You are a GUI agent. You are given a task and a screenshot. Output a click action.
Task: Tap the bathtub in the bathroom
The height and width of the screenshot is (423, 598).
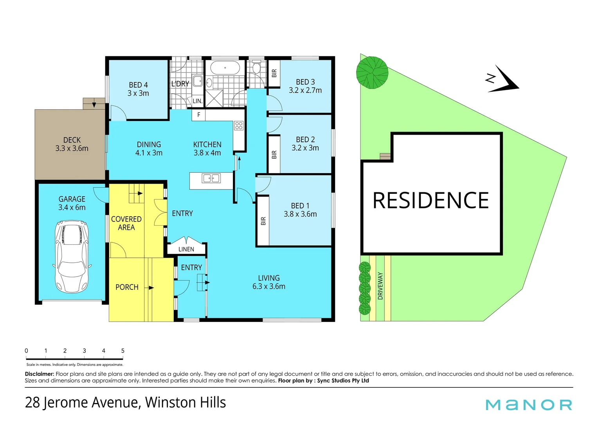point(225,68)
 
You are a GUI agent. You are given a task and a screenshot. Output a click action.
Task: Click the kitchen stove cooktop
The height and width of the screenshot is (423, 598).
point(239,126)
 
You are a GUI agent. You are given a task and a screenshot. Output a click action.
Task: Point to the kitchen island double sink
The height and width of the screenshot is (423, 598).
point(211,179)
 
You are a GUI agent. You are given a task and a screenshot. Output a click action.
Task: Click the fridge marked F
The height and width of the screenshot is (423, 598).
point(199,115)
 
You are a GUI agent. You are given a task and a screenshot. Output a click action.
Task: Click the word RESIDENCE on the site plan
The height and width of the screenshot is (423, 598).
point(430,201)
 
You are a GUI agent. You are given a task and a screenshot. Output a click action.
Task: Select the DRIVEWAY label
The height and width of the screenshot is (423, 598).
point(380,286)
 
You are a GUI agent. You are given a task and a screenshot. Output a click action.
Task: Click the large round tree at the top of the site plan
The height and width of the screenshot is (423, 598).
point(372,72)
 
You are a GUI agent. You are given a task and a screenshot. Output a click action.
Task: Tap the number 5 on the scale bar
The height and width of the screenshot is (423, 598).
point(123,351)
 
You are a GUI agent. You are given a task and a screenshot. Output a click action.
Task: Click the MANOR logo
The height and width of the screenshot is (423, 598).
point(529,405)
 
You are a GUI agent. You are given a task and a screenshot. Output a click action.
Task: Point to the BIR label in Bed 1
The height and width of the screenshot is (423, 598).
point(263,221)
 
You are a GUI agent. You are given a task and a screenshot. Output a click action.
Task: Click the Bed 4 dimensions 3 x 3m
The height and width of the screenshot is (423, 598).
point(138,94)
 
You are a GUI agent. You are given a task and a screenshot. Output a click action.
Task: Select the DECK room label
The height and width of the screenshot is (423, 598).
point(72,140)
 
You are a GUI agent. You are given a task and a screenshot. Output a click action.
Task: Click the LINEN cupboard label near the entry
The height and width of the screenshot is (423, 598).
point(186,249)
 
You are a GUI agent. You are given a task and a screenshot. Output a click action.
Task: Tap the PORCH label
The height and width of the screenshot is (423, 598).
point(127,287)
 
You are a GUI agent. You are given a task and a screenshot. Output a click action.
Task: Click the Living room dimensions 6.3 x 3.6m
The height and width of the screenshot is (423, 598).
point(269,286)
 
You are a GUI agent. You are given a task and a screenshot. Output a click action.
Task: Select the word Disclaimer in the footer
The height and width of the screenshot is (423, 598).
point(39,374)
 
